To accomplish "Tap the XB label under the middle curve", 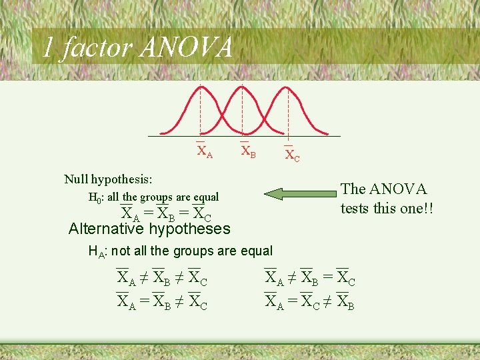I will point(248,151).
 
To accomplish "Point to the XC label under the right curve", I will point(292,155).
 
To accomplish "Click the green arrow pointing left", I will point(301,194).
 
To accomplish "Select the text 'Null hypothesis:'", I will point(108,179).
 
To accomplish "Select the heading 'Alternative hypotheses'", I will point(149,229).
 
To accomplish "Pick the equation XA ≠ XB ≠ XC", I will point(162,277).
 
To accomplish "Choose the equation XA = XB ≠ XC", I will point(162,301).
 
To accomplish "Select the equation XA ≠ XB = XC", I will point(310,277).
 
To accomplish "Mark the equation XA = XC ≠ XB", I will point(310,301).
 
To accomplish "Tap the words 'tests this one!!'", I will point(387,208).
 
